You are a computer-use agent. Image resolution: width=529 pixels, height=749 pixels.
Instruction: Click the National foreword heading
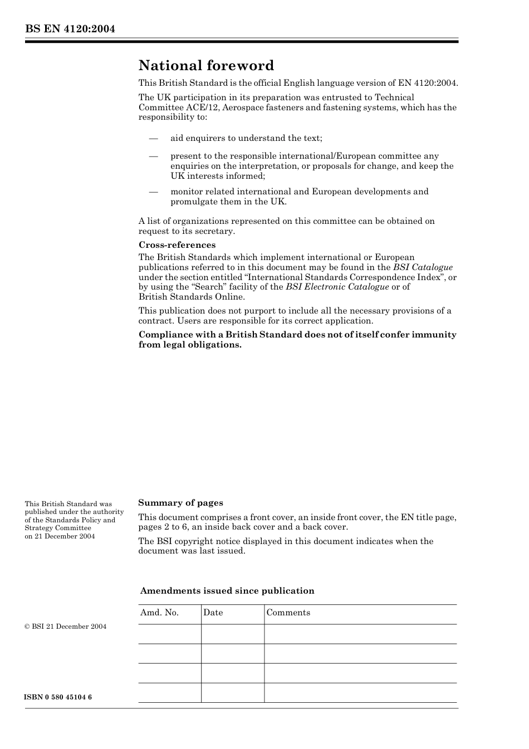click(x=206, y=66)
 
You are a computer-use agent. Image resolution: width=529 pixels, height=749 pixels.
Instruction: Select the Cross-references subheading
click(x=177, y=245)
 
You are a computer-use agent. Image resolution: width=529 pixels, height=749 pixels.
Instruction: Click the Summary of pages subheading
click(x=180, y=503)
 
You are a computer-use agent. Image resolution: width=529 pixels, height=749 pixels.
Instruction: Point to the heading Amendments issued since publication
click(x=227, y=591)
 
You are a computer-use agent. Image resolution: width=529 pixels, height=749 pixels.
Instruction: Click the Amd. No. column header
click(x=159, y=613)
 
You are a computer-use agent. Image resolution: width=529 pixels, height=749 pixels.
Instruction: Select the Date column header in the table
click(x=213, y=613)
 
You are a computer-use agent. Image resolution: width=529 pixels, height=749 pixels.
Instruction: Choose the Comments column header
click(x=288, y=613)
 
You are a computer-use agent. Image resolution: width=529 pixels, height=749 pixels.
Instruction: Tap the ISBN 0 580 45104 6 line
click(x=58, y=697)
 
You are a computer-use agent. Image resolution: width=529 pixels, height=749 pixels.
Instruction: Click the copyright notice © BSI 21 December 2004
click(x=66, y=626)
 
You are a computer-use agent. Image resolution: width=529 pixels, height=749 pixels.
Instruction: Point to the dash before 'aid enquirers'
click(x=153, y=138)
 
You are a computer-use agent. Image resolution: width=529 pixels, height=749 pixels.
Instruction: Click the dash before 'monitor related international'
click(x=153, y=192)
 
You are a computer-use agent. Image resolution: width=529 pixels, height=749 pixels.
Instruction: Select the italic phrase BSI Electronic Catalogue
click(x=337, y=287)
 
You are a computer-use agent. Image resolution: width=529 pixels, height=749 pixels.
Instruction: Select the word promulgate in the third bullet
click(x=194, y=202)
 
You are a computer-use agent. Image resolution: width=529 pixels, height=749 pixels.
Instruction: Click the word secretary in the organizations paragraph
click(x=214, y=231)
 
